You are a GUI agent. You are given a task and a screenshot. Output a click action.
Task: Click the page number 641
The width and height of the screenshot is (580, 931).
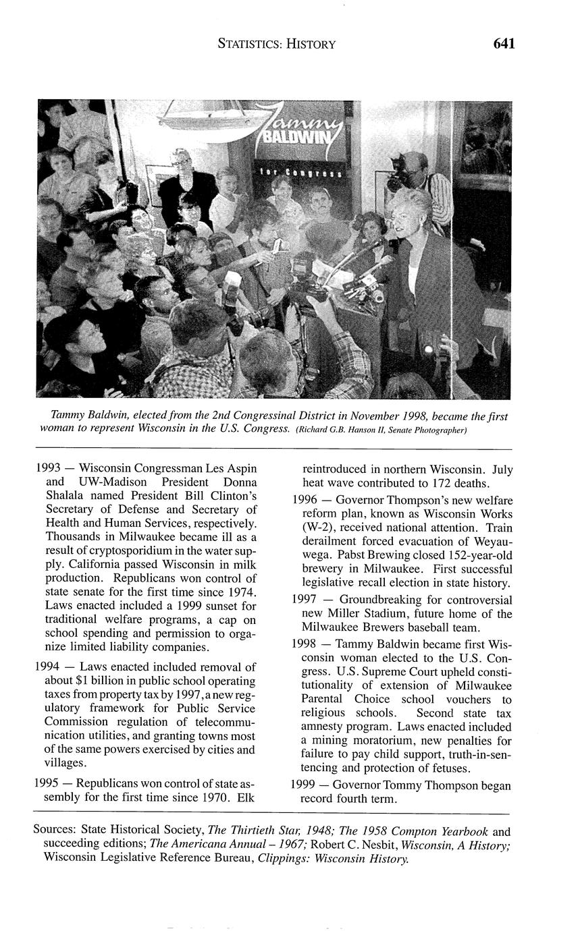(504, 44)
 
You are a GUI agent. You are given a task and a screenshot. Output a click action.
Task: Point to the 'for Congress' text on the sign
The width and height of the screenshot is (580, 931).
(301, 173)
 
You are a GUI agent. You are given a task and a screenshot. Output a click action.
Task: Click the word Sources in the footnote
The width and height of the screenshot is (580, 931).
(57, 829)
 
